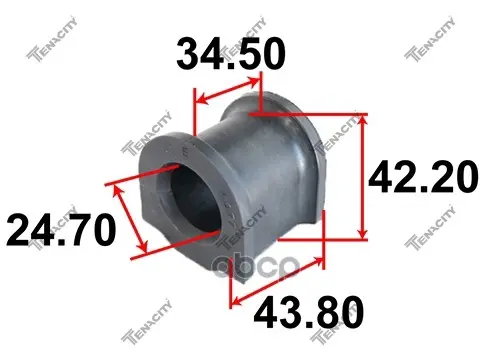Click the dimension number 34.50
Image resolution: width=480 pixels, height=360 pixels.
[231, 54]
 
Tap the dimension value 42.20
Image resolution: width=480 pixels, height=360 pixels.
[423, 177]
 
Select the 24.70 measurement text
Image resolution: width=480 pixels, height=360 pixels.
[61, 230]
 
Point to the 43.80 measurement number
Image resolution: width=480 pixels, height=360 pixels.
[309, 313]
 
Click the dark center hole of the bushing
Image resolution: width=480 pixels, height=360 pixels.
[196, 197]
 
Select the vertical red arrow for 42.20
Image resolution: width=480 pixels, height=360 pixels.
[362, 177]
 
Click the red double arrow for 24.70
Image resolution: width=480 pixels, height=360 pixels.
[130, 219]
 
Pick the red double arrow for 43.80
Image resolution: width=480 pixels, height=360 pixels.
[278, 281]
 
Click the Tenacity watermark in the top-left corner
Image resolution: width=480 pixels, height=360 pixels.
[52, 39]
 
